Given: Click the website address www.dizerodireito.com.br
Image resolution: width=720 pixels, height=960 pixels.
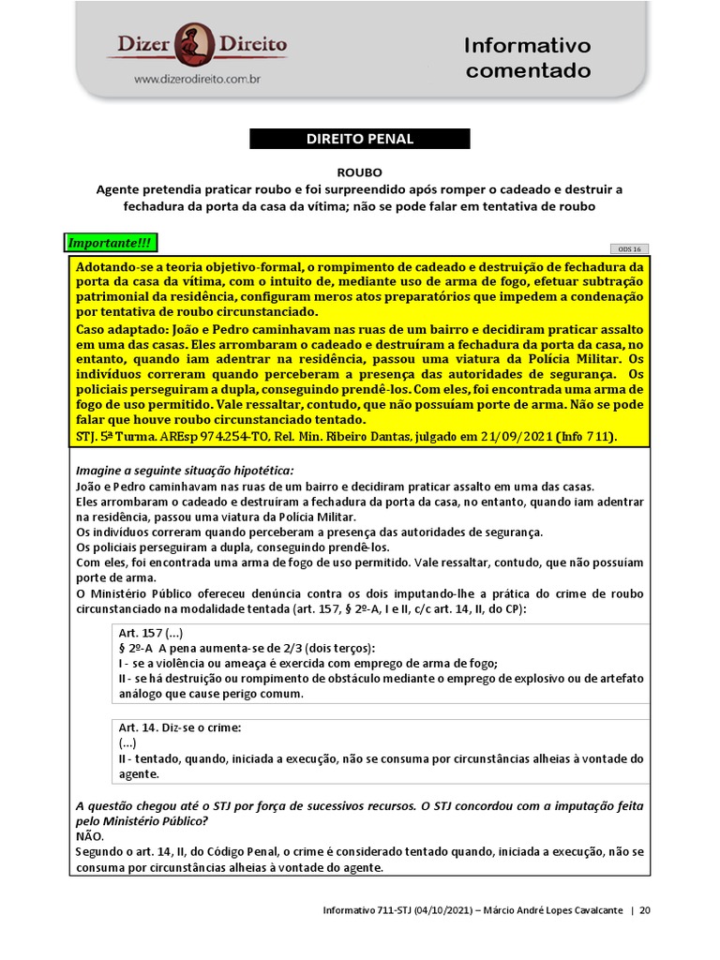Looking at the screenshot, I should tap(197, 81).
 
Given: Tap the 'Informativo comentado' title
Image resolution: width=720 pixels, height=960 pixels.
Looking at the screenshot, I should tap(528, 57).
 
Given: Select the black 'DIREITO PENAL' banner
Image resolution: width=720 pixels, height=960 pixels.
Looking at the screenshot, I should tap(360, 139).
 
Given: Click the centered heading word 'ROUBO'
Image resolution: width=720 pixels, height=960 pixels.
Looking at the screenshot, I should tap(360, 172).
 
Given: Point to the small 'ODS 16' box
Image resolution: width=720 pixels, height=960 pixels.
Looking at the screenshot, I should tap(628, 249).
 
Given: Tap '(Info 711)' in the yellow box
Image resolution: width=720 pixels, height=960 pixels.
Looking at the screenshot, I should tap(591, 437).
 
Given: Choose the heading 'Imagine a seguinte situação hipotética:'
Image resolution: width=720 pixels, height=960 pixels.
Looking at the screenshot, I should tap(185, 470).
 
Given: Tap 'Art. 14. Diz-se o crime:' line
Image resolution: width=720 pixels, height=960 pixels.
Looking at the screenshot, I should tap(180, 727).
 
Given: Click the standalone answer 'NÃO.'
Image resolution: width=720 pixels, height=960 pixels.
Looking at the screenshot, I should tap(90, 836).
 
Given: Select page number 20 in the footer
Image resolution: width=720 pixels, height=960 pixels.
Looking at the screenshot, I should tap(645, 909).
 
